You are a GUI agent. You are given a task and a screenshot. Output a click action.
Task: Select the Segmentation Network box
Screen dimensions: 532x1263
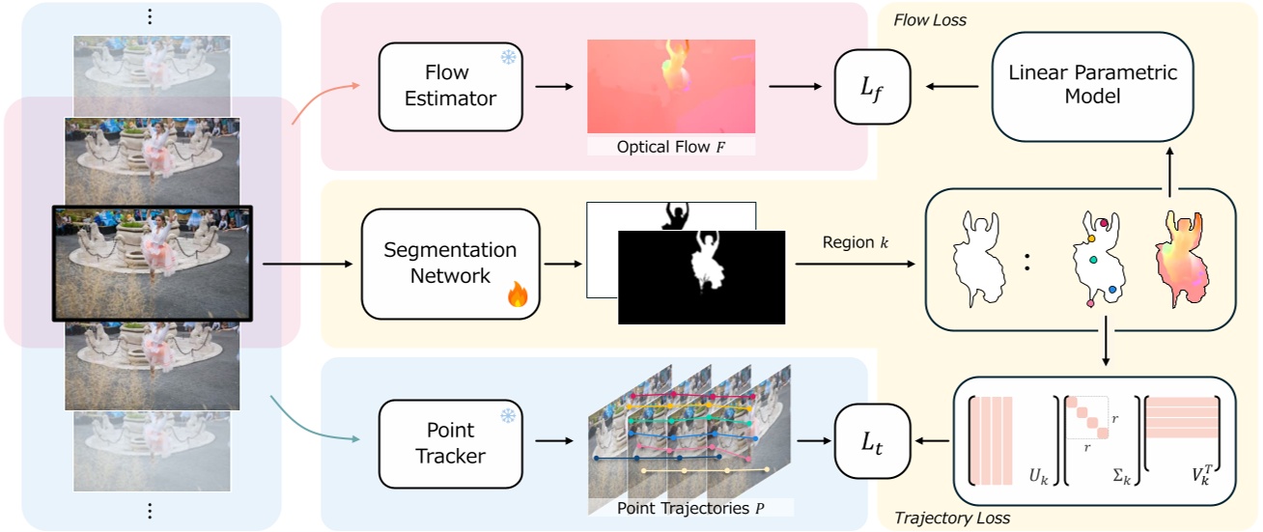tap(450, 263)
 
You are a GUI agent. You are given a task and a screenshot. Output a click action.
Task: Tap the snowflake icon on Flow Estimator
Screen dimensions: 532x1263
tap(507, 58)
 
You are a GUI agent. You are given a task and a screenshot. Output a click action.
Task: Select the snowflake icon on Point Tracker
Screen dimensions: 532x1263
tap(507, 416)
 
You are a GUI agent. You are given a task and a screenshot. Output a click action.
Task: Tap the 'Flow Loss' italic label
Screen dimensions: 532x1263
tap(929, 20)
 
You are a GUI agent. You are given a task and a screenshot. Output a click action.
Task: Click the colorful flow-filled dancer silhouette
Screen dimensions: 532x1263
tap(1185, 257)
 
